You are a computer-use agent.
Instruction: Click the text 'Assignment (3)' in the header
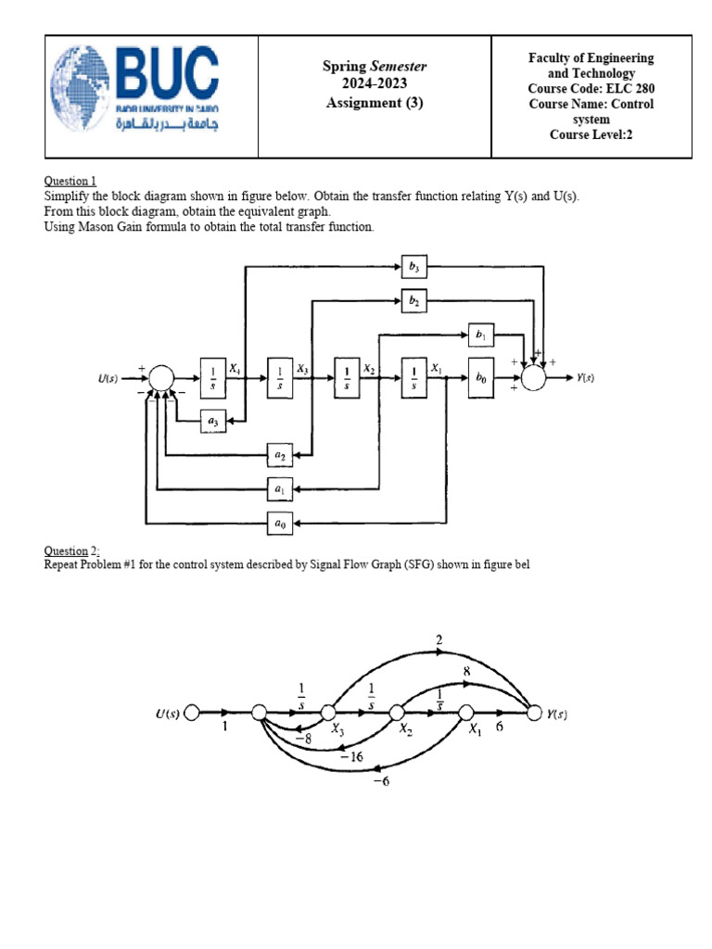[374, 103]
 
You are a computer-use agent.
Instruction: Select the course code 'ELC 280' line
[591, 88]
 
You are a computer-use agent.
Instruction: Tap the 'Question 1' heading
[70, 182]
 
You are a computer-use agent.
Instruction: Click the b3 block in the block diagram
[413, 266]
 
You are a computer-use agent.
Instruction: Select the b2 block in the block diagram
[413, 300]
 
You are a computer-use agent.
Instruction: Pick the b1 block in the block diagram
[480, 334]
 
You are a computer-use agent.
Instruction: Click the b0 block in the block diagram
[480, 378]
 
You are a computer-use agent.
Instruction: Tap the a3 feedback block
[213, 422]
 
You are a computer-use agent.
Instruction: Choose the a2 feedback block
[279, 454]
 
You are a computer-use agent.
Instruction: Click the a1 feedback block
[279, 487]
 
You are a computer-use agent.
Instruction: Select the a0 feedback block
[279, 523]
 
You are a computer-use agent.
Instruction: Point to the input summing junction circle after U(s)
[161, 378]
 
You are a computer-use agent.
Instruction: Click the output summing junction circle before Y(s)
[534, 378]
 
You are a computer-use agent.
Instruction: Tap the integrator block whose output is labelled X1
[413, 378]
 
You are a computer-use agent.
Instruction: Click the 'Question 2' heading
[70, 551]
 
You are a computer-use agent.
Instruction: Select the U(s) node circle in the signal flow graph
[192, 713]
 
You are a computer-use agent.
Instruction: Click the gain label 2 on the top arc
[439, 640]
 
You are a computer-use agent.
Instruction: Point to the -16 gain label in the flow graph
[351, 757]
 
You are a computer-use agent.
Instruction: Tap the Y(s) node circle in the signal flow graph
[534, 713]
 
